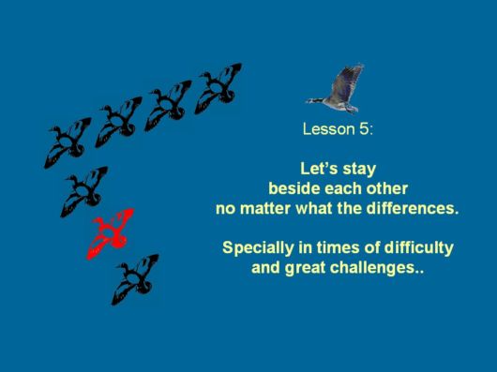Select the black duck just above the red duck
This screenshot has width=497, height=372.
click(84, 190)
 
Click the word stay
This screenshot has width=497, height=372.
click(358, 170)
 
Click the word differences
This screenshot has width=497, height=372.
click(414, 209)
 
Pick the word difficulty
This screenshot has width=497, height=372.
click(419, 248)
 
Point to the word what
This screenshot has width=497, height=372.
click(322, 209)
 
